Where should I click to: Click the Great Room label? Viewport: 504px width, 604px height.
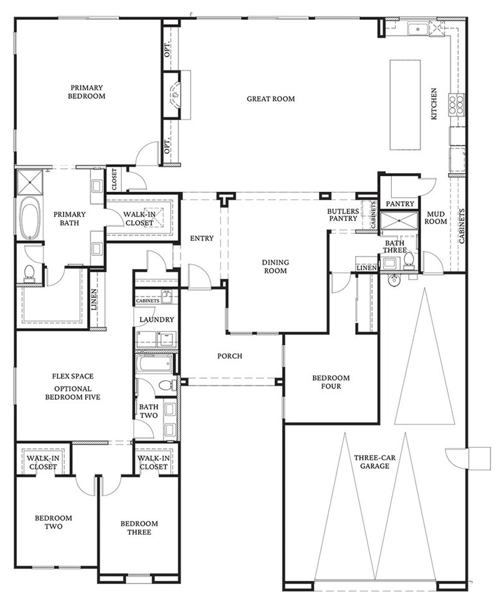point(270,98)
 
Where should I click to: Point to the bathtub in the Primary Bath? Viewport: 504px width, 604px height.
point(29,219)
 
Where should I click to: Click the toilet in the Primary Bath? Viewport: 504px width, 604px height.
point(29,271)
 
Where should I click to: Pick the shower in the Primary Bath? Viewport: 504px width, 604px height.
point(28,182)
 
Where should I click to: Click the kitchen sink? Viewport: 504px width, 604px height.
point(417,29)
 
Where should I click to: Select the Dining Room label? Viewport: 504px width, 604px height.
point(274,267)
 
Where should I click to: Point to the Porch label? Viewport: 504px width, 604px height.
point(229,356)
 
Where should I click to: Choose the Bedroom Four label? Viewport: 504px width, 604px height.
point(331,382)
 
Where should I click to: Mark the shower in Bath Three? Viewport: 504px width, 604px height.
point(396,222)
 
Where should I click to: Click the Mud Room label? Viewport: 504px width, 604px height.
point(435,217)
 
